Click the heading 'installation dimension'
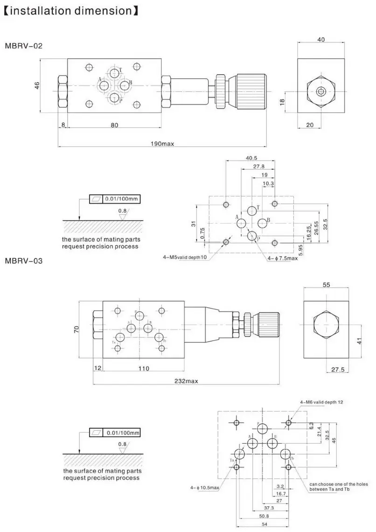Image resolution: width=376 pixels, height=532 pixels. (x=70, y=10)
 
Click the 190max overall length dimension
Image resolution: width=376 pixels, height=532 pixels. (x=161, y=144)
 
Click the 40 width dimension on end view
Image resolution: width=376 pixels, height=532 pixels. (x=321, y=40)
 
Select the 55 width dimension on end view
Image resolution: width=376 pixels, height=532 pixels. (x=327, y=284)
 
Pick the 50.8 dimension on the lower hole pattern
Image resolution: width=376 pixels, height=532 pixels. (x=265, y=516)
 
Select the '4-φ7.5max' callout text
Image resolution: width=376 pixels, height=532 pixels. (x=282, y=258)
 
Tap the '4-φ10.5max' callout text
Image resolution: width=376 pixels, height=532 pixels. (x=204, y=488)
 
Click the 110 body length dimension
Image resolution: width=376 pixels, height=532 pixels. (x=144, y=369)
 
